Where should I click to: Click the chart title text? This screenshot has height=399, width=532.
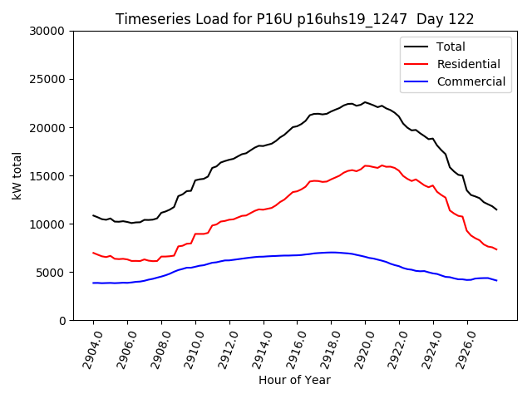[294, 19]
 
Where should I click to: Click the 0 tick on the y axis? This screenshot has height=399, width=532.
[62, 321]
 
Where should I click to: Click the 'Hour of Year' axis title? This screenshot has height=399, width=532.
[294, 381]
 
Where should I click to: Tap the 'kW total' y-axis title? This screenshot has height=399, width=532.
[17, 175]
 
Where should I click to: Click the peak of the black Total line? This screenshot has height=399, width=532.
[365, 102]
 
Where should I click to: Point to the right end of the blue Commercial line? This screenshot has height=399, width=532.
[496, 281]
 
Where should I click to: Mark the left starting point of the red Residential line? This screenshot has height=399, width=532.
[93, 253]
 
